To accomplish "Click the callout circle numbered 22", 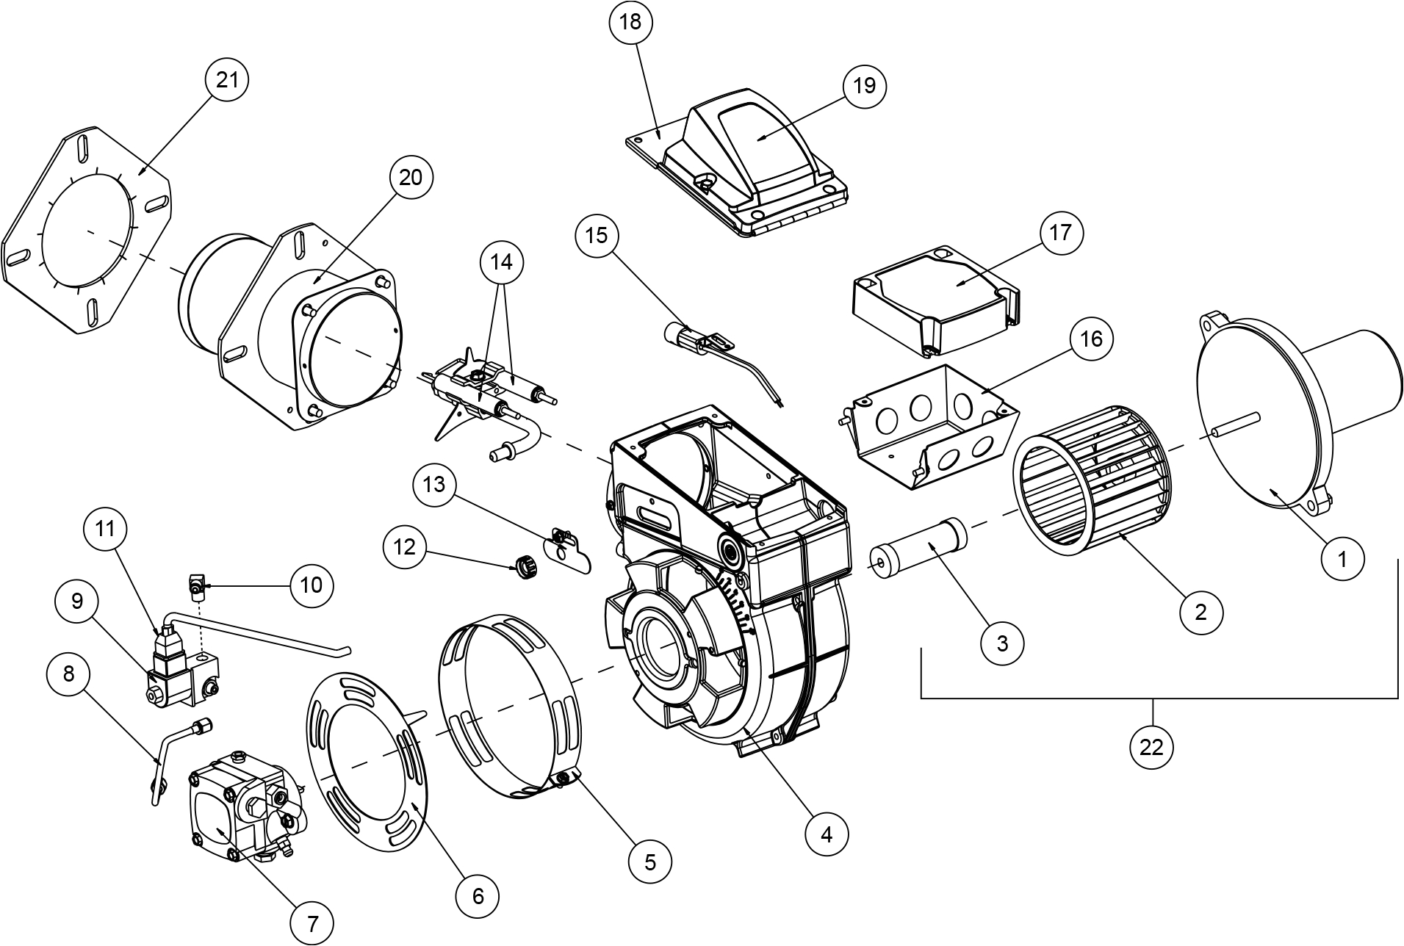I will (1151, 747).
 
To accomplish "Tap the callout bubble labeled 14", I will (502, 261).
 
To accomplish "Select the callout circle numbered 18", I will (630, 22).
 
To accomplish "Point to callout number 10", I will (312, 585).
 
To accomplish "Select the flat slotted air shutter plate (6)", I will (367, 764).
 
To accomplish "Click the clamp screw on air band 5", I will (564, 776).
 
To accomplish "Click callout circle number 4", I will (827, 834).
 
